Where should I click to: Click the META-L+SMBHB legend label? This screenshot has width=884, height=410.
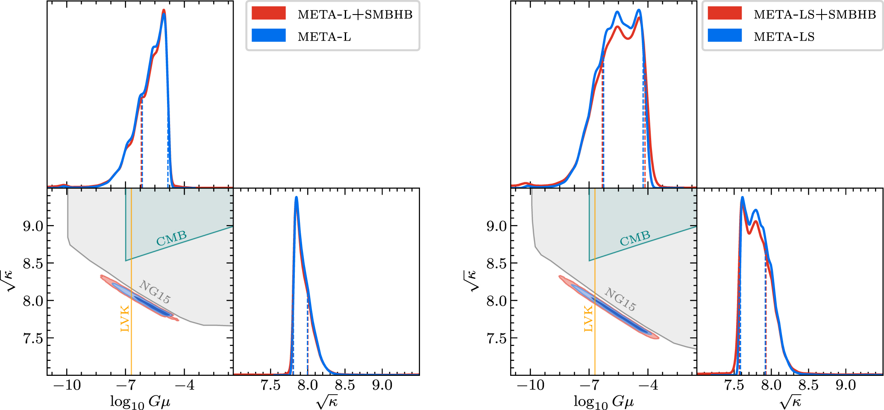click(x=355, y=15)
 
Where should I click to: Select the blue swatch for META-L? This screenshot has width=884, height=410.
click(x=268, y=35)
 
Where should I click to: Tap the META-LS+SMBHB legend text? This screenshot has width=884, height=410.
click(x=815, y=15)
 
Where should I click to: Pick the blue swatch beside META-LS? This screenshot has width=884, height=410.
click(x=725, y=35)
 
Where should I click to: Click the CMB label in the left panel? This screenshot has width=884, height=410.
click(x=171, y=238)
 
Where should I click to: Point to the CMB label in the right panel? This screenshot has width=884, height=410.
click(x=635, y=238)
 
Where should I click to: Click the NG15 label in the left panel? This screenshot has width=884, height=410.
click(x=155, y=292)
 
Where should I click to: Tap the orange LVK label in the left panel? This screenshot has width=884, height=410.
click(x=125, y=319)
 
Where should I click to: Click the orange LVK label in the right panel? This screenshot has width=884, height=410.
click(x=588, y=319)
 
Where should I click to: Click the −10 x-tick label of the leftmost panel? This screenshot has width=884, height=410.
click(x=67, y=385)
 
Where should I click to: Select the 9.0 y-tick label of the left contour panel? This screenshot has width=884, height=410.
click(x=33, y=226)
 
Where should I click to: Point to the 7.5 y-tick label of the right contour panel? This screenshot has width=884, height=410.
click(x=497, y=339)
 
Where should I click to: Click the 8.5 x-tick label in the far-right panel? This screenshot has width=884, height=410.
click(x=808, y=385)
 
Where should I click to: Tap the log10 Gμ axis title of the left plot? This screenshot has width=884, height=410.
click(x=140, y=402)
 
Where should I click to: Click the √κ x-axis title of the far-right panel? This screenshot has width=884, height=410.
click(x=790, y=402)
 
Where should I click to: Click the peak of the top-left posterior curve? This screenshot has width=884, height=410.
click(x=164, y=11)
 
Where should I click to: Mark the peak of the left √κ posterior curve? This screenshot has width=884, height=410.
click(x=296, y=197)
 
